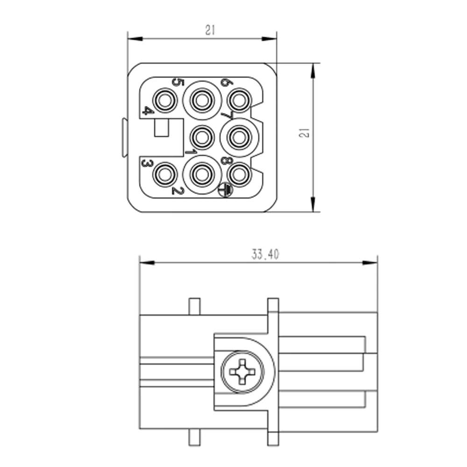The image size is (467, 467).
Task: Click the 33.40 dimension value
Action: (x=265, y=255)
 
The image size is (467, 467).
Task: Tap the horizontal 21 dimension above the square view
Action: (x=210, y=30)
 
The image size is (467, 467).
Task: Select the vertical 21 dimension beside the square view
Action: (x=304, y=133)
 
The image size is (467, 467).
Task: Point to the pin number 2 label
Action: (x=178, y=191)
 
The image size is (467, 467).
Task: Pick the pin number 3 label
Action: (x=147, y=163)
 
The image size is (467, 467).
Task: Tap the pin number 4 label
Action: (x=148, y=111)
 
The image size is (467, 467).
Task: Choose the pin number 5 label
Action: (x=178, y=82)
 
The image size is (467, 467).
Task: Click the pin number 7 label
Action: (x=226, y=115)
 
